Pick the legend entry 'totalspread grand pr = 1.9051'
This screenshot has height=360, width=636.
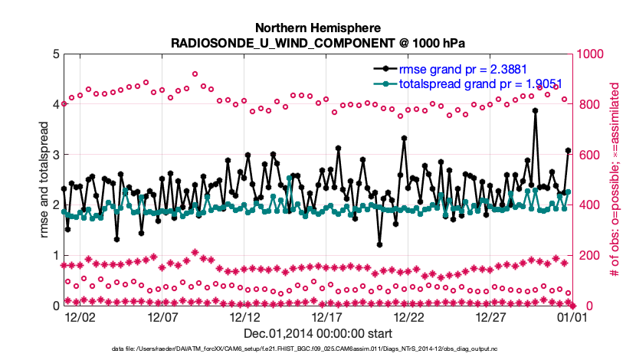467,83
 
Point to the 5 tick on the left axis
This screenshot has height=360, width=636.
53,54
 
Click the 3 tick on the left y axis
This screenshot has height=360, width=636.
53,155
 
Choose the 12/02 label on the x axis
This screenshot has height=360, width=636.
80,316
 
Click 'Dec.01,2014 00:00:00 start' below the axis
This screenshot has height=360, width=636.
318,333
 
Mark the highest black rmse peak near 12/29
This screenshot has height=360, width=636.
535,110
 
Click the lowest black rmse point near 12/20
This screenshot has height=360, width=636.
380,245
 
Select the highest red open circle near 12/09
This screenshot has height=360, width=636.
195,74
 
